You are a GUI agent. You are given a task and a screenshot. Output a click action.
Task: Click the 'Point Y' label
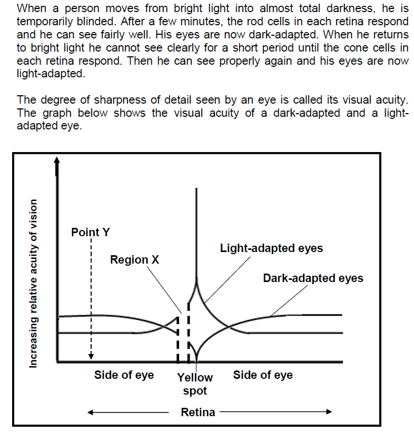point(91,232)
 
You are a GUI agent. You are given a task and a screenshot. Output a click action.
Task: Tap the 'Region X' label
point(135,260)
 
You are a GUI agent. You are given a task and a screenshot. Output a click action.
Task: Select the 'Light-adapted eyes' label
point(271,248)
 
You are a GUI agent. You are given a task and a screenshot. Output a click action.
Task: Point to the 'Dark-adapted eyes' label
point(313,278)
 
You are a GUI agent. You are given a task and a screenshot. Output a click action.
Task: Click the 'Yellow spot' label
point(195,384)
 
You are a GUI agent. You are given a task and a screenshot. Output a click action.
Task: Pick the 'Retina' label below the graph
point(198,412)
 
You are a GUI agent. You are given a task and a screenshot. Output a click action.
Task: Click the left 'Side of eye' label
point(124,375)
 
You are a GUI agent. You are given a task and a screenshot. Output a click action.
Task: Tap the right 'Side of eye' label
point(263,375)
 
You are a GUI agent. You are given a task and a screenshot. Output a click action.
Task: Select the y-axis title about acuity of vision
point(33,284)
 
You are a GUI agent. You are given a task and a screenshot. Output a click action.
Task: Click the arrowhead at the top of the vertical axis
point(56,160)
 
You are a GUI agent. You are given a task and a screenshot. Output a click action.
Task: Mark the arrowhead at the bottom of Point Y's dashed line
point(91,357)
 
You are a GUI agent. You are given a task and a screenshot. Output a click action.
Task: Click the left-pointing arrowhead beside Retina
point(90,413)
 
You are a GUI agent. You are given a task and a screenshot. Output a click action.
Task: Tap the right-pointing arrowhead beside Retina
point(329,412)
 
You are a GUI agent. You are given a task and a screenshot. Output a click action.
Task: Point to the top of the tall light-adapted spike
point(196,188)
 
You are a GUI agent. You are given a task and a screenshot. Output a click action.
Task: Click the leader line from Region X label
point(164,290)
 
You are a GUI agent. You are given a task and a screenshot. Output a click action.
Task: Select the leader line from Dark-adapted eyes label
point(289,300)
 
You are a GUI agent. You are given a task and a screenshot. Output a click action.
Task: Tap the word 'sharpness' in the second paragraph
point(120,100)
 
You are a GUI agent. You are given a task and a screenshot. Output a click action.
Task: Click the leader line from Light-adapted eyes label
point(228,280)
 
